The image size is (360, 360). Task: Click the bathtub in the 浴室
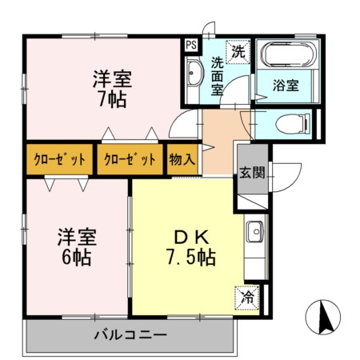(x=290, y=56)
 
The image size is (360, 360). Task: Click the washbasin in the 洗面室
(x=195, y=78)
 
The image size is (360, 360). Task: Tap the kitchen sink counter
(x=255, y=240)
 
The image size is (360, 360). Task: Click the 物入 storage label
(x=182, y=158)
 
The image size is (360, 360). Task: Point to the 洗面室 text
(x=217, y=78)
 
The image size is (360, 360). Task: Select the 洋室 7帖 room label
(x=111, y=90)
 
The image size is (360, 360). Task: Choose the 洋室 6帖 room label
(x=77, y=247)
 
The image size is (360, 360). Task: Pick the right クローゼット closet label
(x=130, y=158)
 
